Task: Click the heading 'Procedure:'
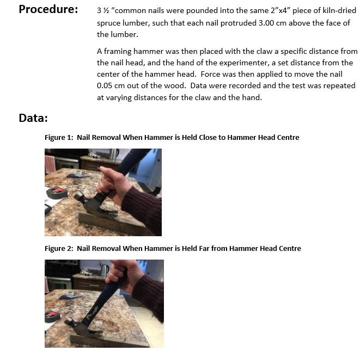pos(48,10)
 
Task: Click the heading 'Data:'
pos(33,118)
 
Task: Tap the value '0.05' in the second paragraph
pos(105,86)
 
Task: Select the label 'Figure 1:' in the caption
pos(58,138)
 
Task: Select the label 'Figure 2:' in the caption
pos(58,249)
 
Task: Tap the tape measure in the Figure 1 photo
pos(56,192)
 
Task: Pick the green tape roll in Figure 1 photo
pos(78,173)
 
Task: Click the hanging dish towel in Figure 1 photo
pos(50,163)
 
